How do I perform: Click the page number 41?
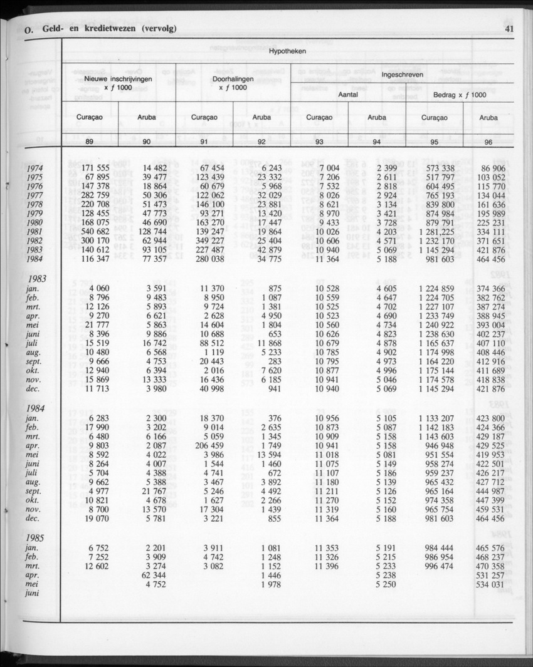509,28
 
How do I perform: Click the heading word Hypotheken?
288,51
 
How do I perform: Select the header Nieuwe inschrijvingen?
119,80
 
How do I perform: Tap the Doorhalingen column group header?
233,80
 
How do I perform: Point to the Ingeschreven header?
402,75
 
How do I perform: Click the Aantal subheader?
348,95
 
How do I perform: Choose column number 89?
90,142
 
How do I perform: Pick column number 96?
488,142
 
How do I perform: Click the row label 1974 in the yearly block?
35,168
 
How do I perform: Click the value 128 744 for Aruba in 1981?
150,232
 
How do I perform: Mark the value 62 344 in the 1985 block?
152,574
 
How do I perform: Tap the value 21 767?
152,491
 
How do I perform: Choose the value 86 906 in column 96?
492,168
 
